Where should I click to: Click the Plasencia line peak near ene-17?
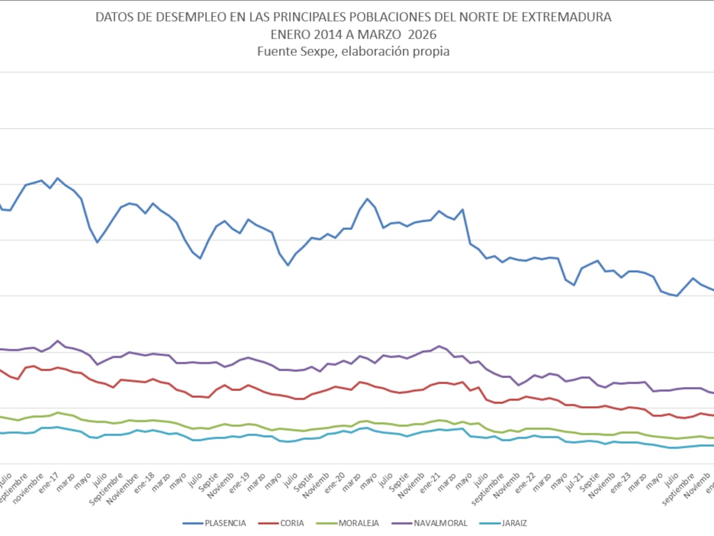click(x=58, y=178)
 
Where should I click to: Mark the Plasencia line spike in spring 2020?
click(x=367, y=199)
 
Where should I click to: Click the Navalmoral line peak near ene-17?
click(x=58, y=341)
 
